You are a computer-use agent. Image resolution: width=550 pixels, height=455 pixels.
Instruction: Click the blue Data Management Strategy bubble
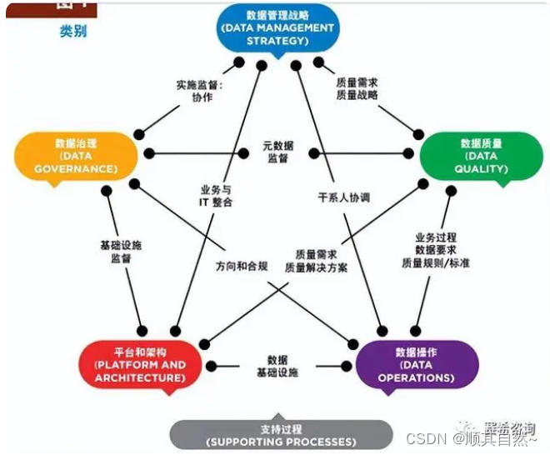coord(278,27)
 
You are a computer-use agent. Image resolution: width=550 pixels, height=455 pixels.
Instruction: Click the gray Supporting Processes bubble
coord(281,434)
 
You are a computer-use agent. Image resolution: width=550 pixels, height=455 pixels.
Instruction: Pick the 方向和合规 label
coord(242,267)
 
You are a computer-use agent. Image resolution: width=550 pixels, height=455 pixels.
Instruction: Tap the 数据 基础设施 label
coord(277,365)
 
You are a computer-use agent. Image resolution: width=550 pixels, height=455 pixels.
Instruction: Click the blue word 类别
coord(72,32)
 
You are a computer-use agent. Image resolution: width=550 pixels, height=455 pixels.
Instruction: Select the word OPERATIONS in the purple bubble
coord(416,377)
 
